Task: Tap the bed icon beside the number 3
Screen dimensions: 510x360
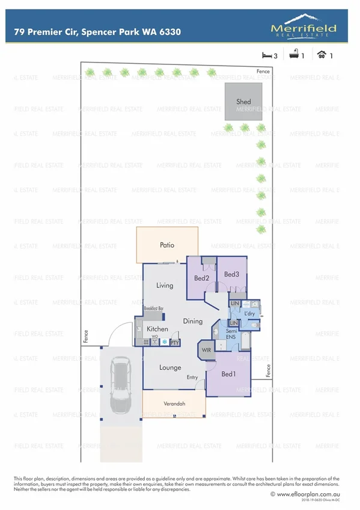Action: click(267, 56)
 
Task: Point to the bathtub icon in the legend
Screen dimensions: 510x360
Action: click(294, 56)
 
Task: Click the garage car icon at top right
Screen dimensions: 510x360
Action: click(322, 56)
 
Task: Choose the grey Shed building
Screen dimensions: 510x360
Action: click(243, 102)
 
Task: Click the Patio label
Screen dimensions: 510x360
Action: click(167, 245)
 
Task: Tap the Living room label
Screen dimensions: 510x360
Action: click(165, 286)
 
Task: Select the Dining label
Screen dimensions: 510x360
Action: click(193, 322)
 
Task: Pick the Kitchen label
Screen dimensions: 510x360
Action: click(157, 329)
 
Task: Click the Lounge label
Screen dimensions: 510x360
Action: click(170, 367)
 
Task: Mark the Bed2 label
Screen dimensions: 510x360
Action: click(201, 278)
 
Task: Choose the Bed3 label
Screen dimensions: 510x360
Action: click(231, 274)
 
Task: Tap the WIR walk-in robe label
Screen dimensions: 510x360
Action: click(206, 350)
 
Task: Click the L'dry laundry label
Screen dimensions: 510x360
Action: click(249, 314)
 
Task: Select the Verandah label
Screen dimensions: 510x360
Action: click(174, 404)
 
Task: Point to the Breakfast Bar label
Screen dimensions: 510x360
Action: click(154, 309)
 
